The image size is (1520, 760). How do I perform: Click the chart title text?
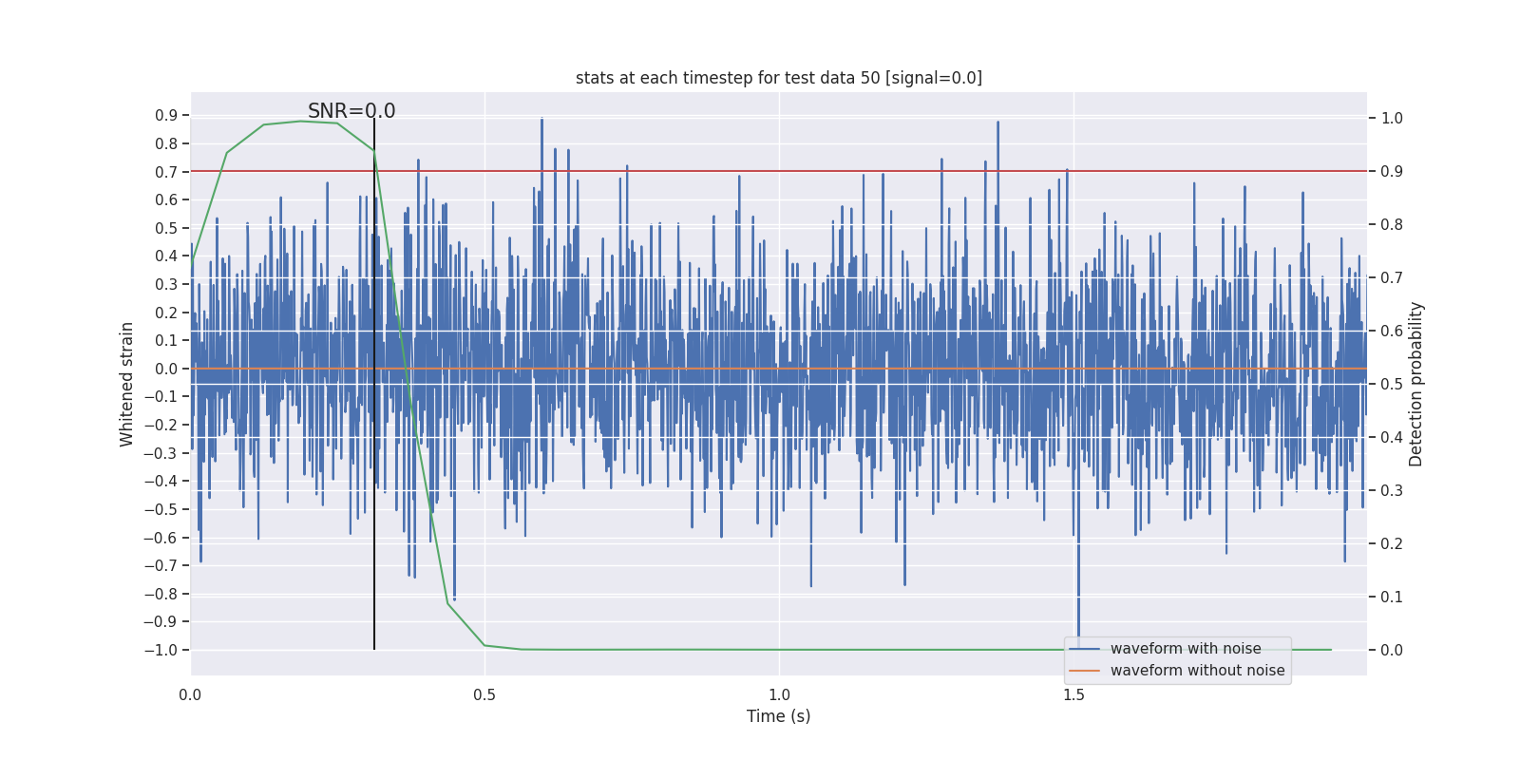779,78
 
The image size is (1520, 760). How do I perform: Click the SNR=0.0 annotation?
351,111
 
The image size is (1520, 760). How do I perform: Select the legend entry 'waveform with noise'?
1186,649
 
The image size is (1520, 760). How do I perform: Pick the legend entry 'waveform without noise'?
1197,671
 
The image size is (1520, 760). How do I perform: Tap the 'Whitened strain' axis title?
127,384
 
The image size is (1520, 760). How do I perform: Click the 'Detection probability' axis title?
1416,384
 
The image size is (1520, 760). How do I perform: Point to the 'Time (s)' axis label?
779,716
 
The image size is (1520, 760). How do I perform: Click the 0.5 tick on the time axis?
484,694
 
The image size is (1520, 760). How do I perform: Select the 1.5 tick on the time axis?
1073,694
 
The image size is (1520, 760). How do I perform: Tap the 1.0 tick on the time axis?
779,694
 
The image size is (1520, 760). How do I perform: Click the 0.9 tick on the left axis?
166,116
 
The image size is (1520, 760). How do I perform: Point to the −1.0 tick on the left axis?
161,650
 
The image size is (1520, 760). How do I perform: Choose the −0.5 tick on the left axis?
161,509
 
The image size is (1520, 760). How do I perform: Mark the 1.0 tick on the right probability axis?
1392,119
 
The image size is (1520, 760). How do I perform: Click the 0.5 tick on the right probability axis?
1392,384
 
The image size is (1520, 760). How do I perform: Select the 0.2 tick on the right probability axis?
1392,543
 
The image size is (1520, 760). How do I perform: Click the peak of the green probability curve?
300,121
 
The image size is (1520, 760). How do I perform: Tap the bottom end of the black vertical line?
374,649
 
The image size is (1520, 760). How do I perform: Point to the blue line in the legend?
1084,649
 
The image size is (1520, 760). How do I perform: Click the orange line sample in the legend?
1084,671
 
